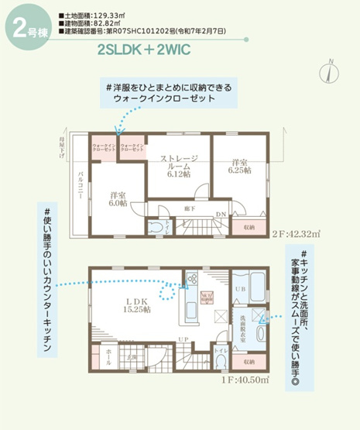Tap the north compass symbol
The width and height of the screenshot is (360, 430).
click(x=331, y=71)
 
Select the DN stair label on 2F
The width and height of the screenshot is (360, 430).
click(x=221, y=215)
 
